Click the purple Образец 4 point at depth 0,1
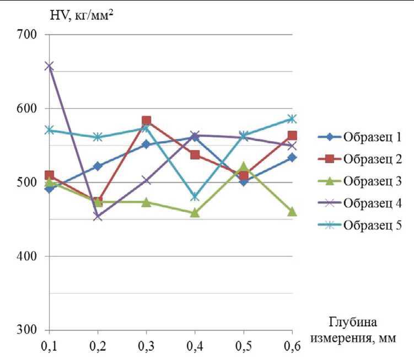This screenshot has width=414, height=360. (x=50, y=66)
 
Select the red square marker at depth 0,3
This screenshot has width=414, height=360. (x=146, y=121)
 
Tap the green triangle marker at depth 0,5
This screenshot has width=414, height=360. (x=243, y=166)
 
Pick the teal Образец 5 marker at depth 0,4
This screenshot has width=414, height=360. (x=195, y=197)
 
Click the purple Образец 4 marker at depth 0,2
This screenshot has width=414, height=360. (x=98, y=217)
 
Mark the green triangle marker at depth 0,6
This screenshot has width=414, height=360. (x=292, y=212)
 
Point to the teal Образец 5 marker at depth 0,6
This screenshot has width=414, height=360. (x=292, y=119)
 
